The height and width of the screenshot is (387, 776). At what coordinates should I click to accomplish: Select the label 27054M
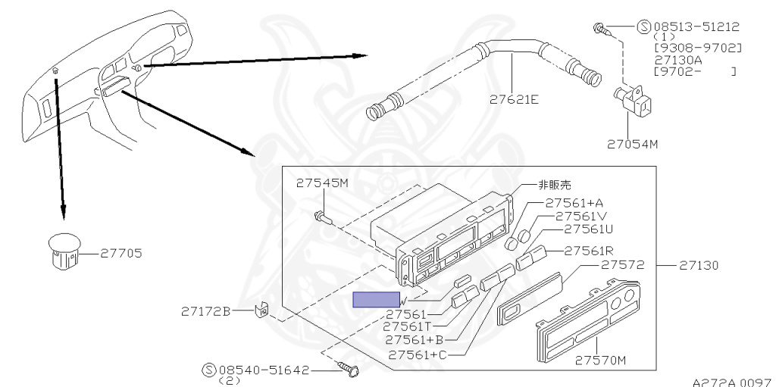point(632,142)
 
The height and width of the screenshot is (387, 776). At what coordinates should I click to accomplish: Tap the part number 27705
point(121,253)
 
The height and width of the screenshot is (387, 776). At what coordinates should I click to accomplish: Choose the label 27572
point(622,265)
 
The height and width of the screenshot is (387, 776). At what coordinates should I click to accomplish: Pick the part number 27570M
point(600,360)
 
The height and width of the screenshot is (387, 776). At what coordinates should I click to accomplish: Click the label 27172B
point(205,311)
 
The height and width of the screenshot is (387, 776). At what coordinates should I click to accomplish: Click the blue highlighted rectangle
point(377,299)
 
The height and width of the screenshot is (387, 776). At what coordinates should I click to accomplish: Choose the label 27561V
point(582,216)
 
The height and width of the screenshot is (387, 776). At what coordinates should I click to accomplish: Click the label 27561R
point(588,251)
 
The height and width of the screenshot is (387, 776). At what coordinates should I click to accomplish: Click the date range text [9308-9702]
point(697,48)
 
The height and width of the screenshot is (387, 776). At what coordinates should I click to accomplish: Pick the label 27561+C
point(418,354)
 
